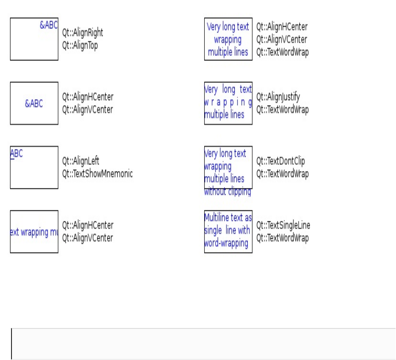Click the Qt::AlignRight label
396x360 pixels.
pos(82,33)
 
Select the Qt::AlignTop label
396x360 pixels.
pos(80,45)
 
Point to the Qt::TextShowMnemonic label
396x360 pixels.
pos(97,173)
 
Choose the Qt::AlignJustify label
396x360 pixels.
pos(278,97)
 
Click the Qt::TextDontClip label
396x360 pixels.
pos(281,161)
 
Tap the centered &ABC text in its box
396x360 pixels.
pos(34,103)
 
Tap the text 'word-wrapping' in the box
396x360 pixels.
pos(227,243)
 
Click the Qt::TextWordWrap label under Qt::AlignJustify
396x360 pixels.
pos(282,109)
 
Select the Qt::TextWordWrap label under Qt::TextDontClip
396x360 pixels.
pos(282,173)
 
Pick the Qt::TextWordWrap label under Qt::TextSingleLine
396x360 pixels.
pos(282,238)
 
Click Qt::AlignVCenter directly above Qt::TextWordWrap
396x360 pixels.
pos(282,39)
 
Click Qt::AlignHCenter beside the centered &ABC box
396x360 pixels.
pos(87,97)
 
